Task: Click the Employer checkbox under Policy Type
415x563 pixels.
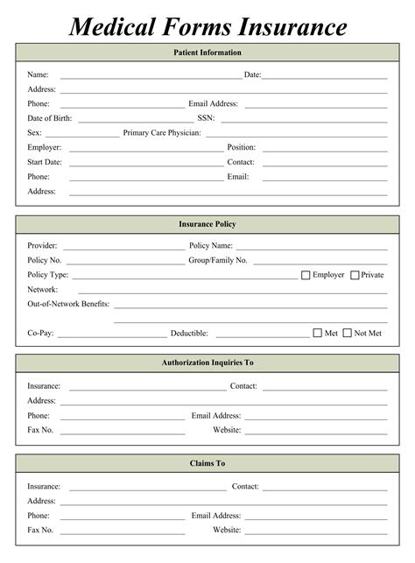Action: (x=306, y=275)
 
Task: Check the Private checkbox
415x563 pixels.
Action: (x=355, y=275)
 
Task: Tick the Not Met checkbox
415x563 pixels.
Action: (x=347, y=333)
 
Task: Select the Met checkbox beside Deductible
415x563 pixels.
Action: (x=318, y=333)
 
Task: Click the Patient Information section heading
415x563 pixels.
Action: (x=207, y=53)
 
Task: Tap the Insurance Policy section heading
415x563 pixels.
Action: (x=207, y=224)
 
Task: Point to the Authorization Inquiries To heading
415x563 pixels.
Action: (x=207, y=362)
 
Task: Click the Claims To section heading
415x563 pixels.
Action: (x=207, y=463)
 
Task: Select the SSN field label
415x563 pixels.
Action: (x=206, y=118)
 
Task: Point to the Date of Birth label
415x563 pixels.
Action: (x=50, y=118)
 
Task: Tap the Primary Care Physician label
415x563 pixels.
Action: (x=162, y=133)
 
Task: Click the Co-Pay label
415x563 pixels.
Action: (x=41, y=334)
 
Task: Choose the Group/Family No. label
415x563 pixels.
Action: (x=218, y=260)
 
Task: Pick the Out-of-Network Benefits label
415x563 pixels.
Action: (x=68, y=304)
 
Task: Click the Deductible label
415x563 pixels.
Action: (x=189, y=334)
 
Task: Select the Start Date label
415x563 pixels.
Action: (x=45, y=162)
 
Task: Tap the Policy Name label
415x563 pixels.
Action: (x=211, y=246)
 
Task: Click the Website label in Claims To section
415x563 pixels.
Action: (x=227, y=530)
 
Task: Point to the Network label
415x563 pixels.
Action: (x=43, y=289)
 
